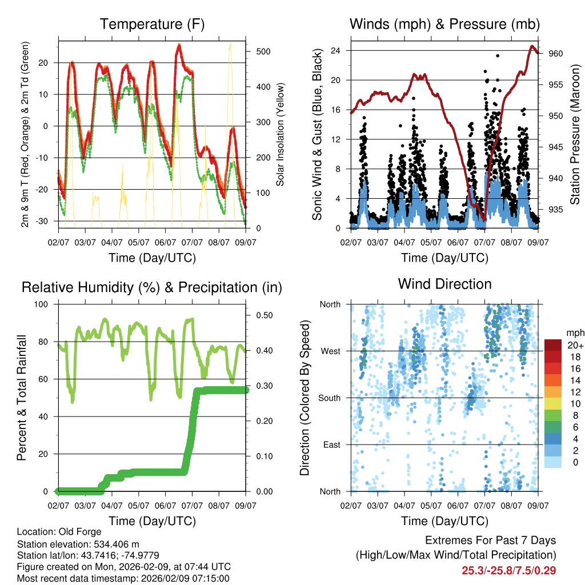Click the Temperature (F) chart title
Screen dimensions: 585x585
click(152, 25)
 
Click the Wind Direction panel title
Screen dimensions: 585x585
click(444, 284)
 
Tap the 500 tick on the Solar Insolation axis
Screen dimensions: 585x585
click(263, 51)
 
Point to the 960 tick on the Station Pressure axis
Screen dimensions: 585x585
click(556, 54)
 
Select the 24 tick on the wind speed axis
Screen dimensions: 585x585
click(336, 50)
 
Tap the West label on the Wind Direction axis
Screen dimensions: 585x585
click(330, 351)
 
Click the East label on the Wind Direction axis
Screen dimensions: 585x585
click(331, 444)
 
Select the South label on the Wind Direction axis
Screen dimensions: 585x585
click(329, 398)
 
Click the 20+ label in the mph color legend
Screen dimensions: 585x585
click(575, 345)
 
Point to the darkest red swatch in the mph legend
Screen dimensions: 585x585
click(552, 345)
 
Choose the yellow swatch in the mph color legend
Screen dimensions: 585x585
click(552, 403)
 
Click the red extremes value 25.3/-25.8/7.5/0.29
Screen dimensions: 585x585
click(508, 570)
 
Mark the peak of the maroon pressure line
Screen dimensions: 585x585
click(532, 46)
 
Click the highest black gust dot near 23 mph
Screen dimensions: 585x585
click(498, 56)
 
